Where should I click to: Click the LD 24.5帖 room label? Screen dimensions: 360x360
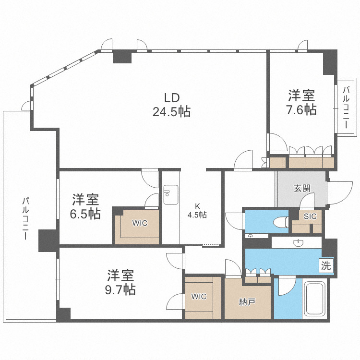coord(171,105)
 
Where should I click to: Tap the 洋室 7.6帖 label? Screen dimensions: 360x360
coord(301,102)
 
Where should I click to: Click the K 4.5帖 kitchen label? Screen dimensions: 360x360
coord(197,211)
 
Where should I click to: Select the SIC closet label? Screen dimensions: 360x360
coord(311,216)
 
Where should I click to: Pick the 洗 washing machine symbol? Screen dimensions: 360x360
coord(326,265)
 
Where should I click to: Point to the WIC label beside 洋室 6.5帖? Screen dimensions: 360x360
coord(140,223)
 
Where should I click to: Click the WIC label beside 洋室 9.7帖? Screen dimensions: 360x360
coord(198,297)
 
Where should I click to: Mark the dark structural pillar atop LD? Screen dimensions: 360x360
coord(122,57)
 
